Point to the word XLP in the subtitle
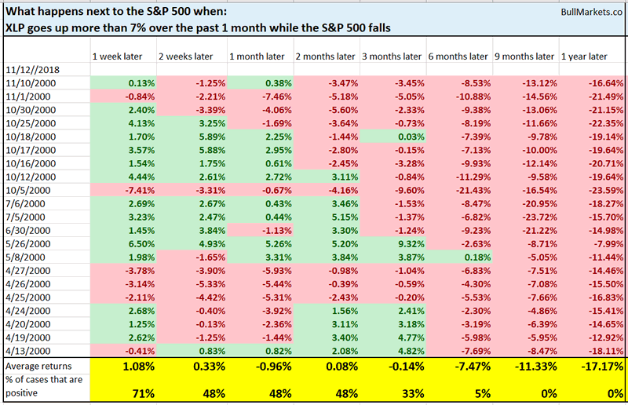coord(16,27)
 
